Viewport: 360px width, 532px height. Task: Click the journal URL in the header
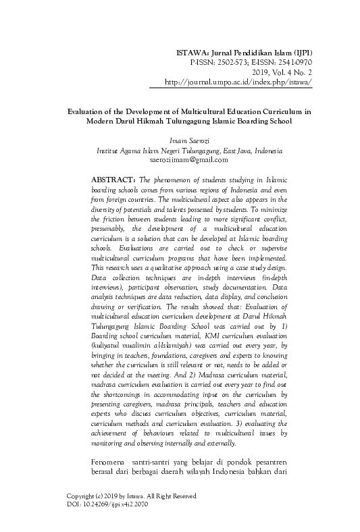pyautogui.click(x=238, y=82)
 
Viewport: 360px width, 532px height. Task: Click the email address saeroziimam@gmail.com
pyautogui.click(x=189, y=160)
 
